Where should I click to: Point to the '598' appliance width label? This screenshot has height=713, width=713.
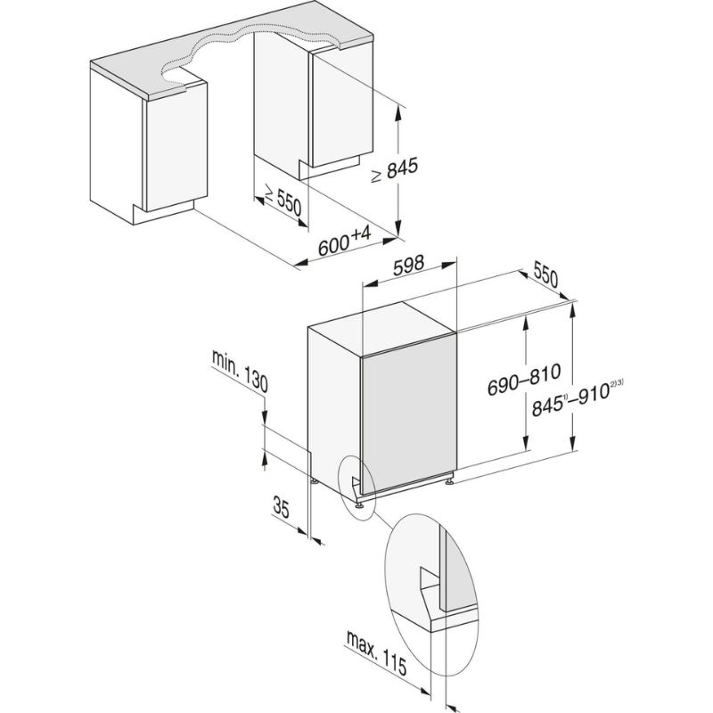(x=410, y=264)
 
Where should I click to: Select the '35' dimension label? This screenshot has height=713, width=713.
(x=282, y=510)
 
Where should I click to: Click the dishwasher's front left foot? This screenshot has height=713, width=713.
(x=360, y=504)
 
